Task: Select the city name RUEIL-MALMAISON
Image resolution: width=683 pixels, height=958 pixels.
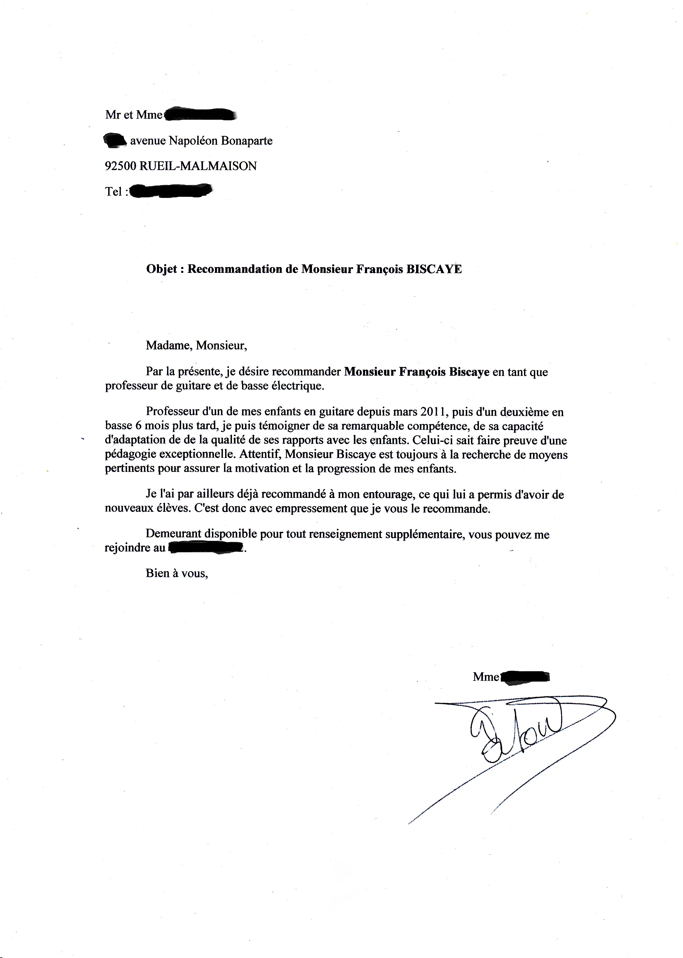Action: (198, 166)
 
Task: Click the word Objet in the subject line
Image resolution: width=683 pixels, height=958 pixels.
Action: (161, 269)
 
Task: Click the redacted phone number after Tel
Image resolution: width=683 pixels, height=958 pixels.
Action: (170, 191)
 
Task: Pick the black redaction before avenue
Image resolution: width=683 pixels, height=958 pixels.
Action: (114, 140)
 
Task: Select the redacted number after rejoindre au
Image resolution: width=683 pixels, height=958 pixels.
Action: (206, 548)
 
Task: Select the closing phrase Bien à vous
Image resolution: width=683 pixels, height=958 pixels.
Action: (177, 573)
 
